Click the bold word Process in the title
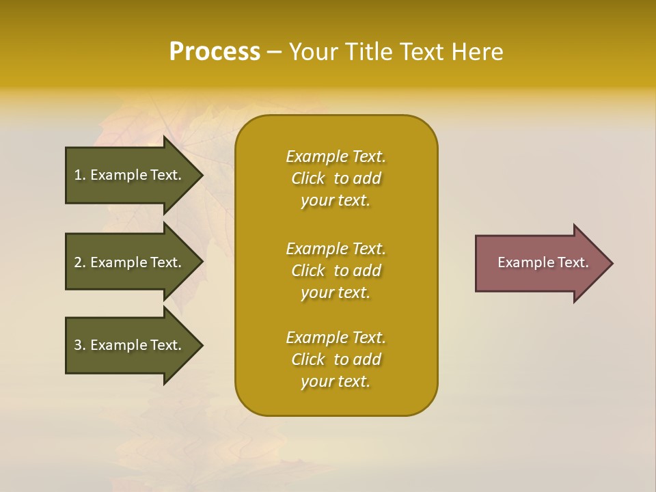(x=215, y=52)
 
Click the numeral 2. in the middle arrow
(x=79, y=262)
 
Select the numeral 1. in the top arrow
(x=79, y=175)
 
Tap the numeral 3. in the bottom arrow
(x=79, y=345)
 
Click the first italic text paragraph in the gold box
(x=336, y=178)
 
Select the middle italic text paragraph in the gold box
(x=336, y=271)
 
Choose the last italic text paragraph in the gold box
(x=336, y=359)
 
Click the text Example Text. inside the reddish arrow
(x=543, y=262)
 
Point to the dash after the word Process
(x=274, y=52)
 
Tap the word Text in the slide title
(x=421, y=52)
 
